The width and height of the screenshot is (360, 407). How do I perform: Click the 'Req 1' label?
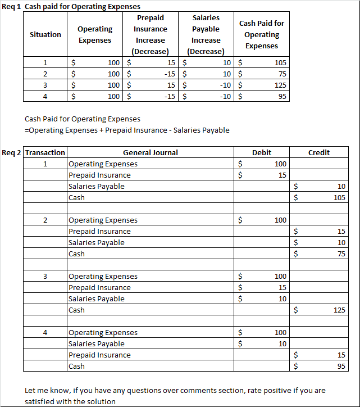pos(11,6)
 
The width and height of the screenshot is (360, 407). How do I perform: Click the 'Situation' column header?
pos(45,34)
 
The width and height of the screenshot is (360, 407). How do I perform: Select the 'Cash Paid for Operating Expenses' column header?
pos(262,34)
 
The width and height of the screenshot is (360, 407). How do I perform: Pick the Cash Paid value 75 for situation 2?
pos(282,74)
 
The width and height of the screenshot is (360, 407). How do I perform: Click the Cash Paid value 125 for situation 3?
pos(281,85)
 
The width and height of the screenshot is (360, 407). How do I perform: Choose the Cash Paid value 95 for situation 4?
pos(282,96)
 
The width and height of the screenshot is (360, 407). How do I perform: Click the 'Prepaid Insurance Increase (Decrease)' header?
pos(151,34)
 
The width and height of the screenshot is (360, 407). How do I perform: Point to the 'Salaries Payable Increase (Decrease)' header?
pos(206,34)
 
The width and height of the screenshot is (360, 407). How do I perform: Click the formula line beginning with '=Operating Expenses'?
pos(127,130)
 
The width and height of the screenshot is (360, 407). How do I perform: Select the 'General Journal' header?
pos(151,152)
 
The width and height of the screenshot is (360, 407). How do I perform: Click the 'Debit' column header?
pos(262,152)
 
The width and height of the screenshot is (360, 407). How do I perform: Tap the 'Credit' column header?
pos(319,152)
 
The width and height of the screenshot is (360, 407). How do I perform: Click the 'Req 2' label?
pos(12,152)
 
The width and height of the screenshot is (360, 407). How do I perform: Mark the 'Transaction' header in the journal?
pos(45,152)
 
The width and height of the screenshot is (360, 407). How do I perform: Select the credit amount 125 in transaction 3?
pos(339,310)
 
